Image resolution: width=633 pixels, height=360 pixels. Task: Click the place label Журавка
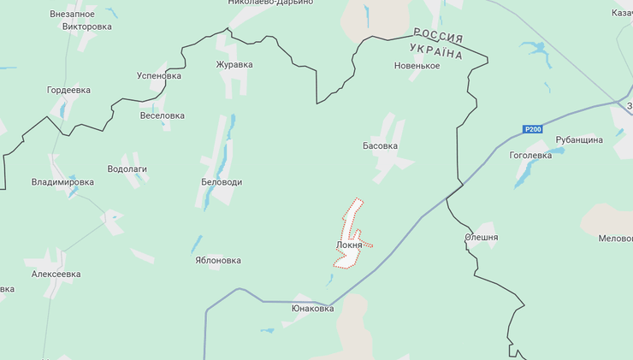[234, 64]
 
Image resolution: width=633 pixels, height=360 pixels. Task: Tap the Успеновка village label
[159, 76]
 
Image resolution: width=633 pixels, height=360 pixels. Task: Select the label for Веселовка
[162, 115]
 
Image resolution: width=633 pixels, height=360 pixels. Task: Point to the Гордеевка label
[68, 91]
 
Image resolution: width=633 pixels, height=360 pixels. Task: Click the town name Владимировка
[62, 182]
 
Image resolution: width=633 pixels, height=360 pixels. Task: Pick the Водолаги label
[127, 169]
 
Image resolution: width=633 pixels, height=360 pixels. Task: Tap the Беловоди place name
[221, 182]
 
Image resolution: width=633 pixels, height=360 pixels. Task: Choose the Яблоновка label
[218, 260]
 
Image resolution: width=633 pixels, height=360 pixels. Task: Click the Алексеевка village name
[56, 274]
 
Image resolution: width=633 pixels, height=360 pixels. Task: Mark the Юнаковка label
[312, 309]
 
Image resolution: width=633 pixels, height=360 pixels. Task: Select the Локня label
[349, 245]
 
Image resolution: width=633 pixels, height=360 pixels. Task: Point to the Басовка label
[381, 146]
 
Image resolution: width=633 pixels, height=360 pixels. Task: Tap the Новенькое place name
[417, 66]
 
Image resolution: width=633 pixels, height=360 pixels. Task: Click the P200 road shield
[532, 129]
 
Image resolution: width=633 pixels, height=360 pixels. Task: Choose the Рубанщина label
[579, 139]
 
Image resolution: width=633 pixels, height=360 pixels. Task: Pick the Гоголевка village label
[530, 156]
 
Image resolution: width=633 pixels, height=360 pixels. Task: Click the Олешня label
[481, 238]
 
